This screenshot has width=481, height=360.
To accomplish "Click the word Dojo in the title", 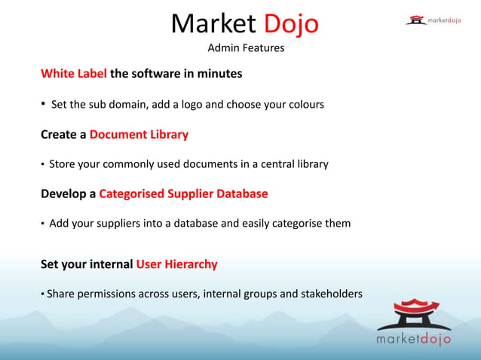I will pos(291,24).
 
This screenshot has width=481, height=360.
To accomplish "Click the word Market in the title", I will pos(213,24).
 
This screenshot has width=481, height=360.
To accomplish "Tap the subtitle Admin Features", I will pos(246,49).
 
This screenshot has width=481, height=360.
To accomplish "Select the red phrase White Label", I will pos(74,74).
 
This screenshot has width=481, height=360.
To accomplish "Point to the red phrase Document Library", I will pos(139,135).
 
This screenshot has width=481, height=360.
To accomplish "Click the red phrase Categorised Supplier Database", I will pos(183,194).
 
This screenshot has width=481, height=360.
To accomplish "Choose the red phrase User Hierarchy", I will pos(176,264).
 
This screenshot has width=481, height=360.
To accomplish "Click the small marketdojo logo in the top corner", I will pos(434,20).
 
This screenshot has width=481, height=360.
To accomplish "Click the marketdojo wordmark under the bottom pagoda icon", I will pos(414,340).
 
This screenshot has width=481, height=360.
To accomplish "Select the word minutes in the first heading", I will pos(216,74).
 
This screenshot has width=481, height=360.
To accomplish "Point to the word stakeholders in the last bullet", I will pos(331,294).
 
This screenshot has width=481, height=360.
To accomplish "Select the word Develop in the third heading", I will pos(65,194).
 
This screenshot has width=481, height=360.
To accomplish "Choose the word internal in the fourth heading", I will pos(109,264).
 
